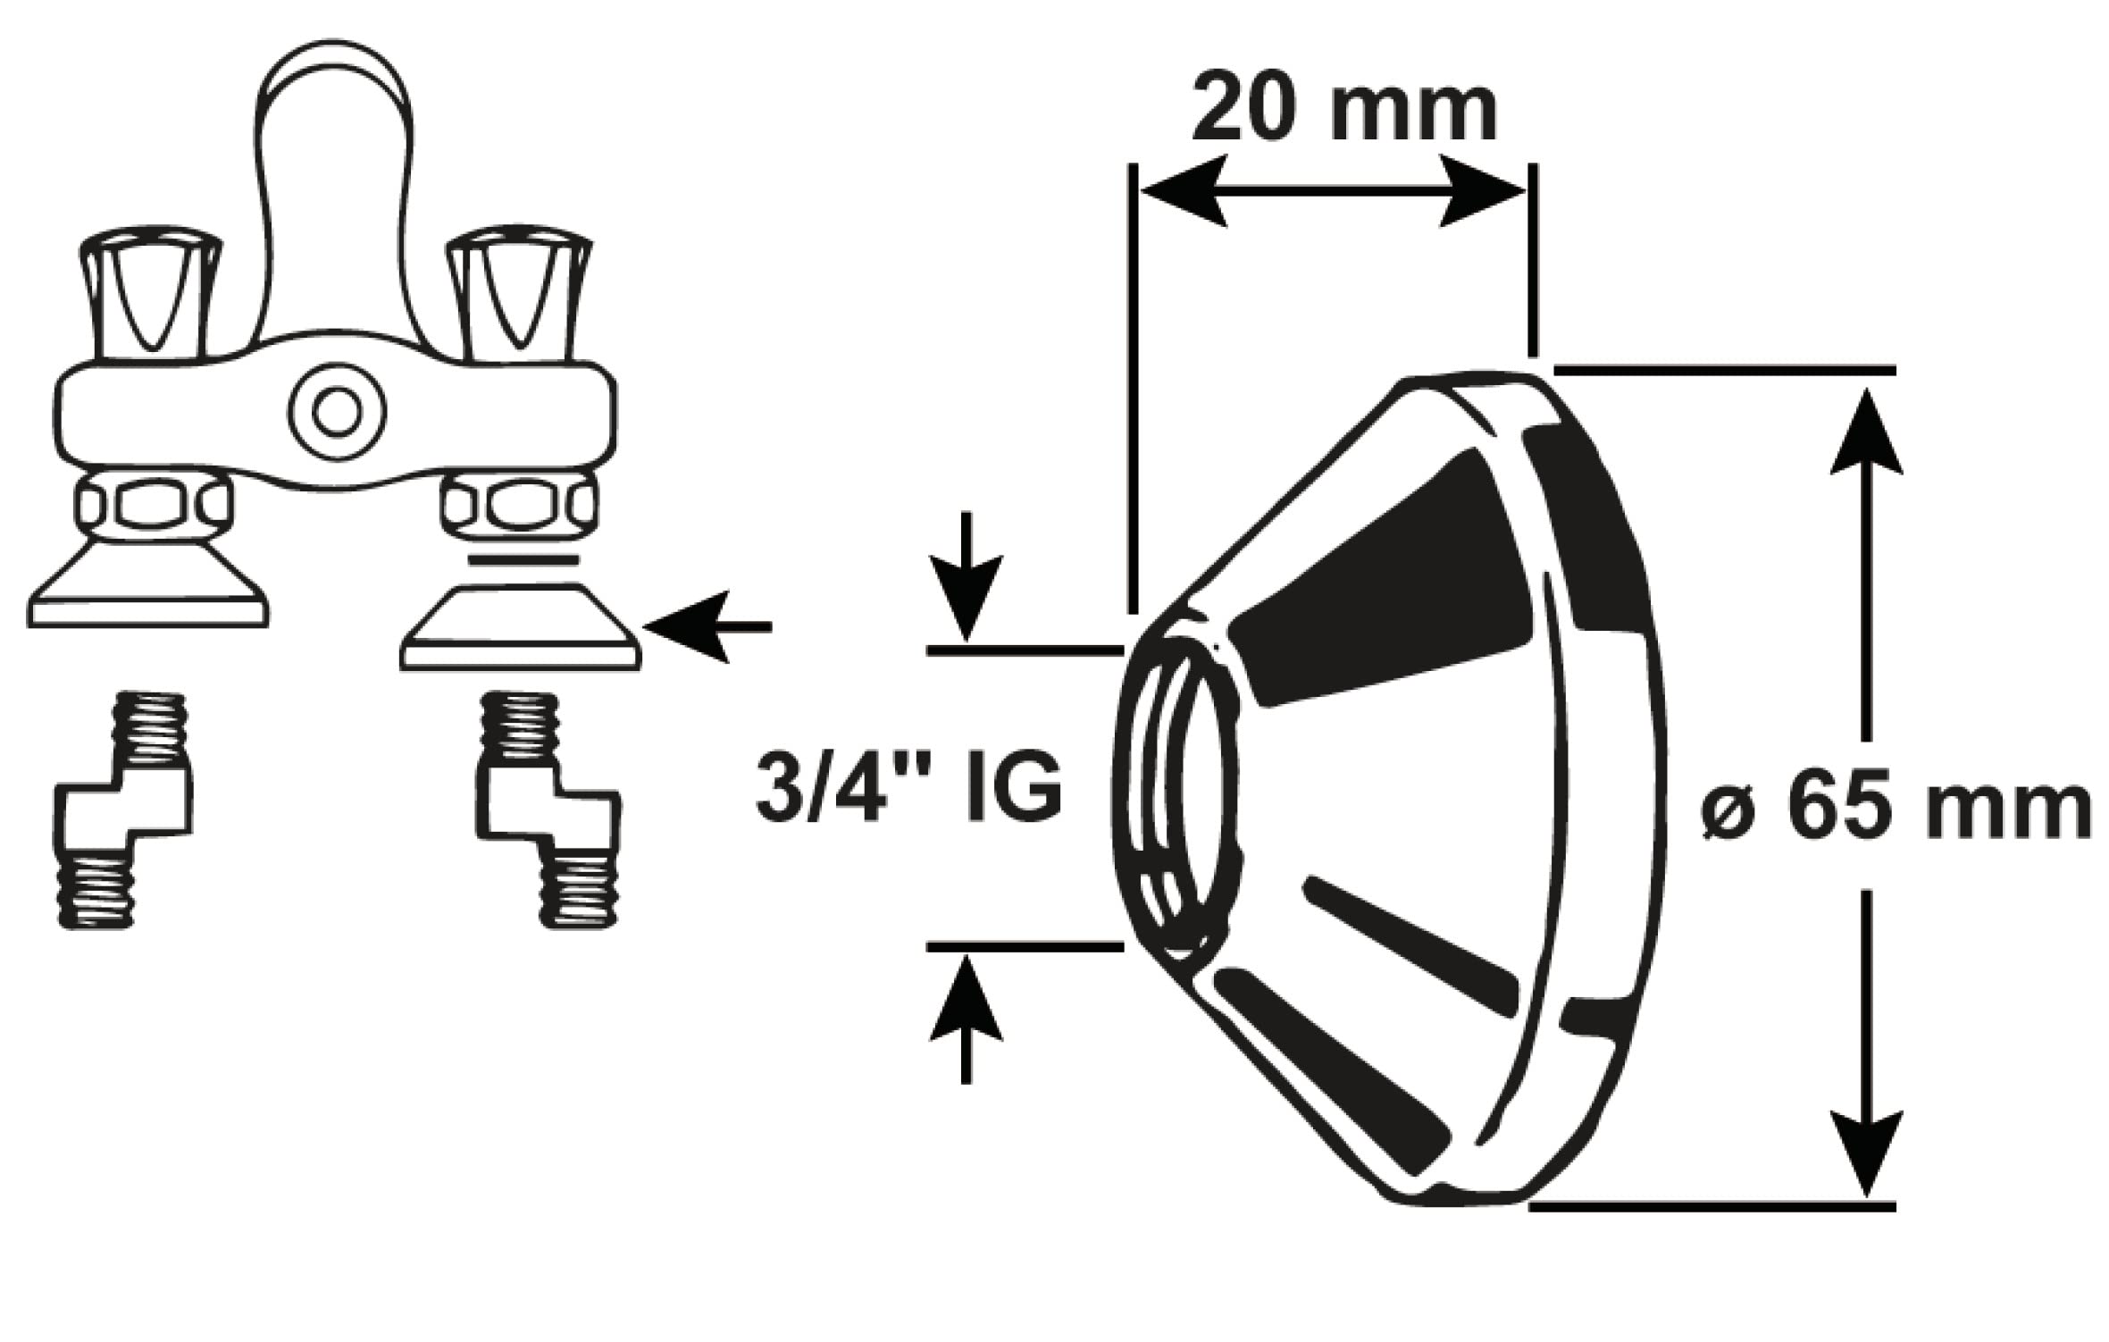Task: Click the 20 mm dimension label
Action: coord(1343,112)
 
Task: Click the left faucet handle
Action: coord(150,295)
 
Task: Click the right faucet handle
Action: coord(518,295)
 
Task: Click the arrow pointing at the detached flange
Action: coord(706,627)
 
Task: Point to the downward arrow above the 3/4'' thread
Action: coord(966,581)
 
